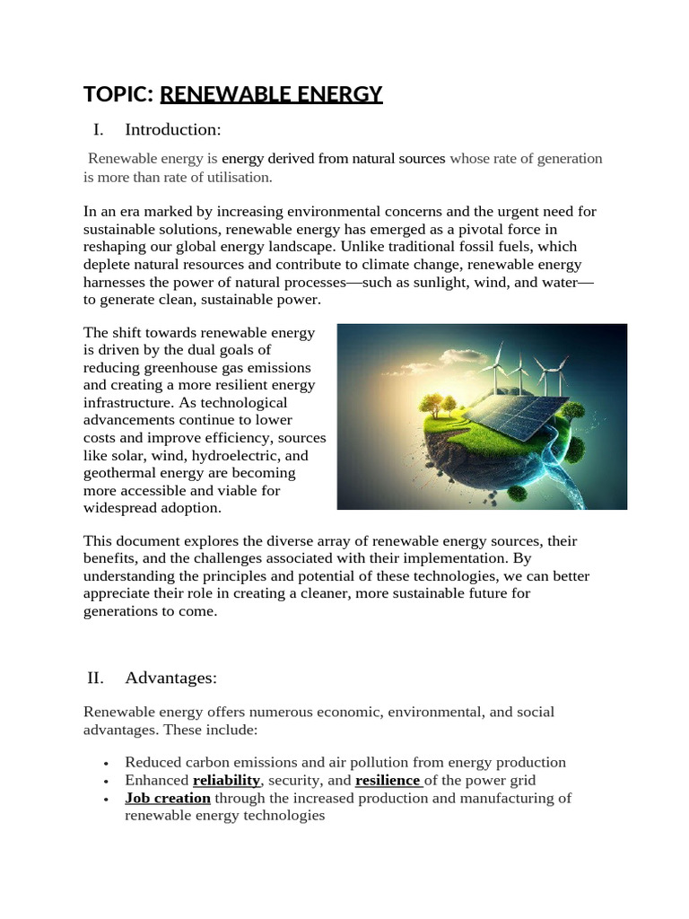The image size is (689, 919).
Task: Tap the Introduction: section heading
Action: pos(172,129)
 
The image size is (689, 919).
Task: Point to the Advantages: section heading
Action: pos(171,677)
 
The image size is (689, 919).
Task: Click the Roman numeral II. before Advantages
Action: pos(97,677)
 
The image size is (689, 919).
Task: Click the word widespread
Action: pos(119,508)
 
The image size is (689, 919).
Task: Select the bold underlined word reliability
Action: pos(226,780)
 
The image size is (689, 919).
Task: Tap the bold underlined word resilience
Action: pos(388,780)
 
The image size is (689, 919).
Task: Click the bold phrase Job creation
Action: pos(168,798)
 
